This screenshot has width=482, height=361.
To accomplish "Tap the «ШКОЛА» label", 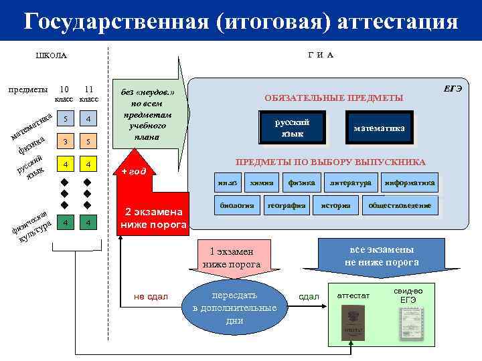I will click(51, 55).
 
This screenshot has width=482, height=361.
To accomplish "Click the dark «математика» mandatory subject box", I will click(379, 128).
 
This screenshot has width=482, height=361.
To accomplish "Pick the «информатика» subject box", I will click(410, 183).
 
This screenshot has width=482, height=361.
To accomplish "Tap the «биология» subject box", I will click(236, 206).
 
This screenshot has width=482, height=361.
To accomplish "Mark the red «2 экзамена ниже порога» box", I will click(152, 219).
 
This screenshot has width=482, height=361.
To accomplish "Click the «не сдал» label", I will click(151, 296).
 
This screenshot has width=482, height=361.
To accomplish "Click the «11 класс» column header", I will click(88, 94).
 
